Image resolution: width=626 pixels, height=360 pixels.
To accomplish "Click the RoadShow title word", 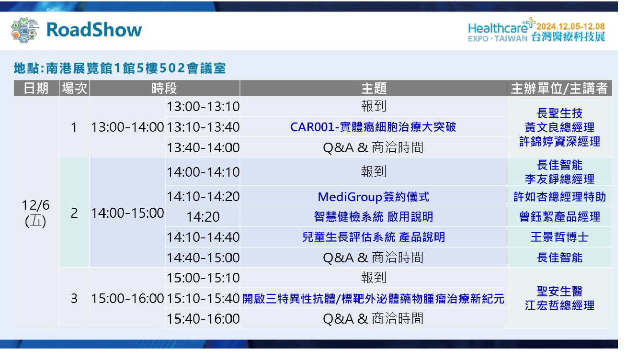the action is (94, 30).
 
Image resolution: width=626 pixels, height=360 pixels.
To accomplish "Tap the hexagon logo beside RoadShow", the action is (24, 30).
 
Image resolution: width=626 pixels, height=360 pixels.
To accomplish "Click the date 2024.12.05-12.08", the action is (570, 26).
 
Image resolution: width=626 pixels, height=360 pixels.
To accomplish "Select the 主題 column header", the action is (374, 88).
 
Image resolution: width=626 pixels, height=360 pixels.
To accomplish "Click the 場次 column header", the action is (74, 88).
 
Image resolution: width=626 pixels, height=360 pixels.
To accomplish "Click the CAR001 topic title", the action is (373, 127).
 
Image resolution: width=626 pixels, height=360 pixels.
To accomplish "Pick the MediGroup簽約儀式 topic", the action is (374, 197).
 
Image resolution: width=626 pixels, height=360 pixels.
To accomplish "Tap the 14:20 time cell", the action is (203, 217).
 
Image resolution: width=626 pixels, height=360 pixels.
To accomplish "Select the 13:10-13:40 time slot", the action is (203, 127).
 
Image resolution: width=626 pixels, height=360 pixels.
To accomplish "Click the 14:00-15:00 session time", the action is (127, 213).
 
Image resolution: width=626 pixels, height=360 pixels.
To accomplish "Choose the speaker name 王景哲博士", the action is (559, 237).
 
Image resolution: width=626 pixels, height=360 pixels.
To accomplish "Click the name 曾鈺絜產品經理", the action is (559, 217).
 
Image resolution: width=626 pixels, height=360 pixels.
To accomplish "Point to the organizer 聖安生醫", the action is (559, 291).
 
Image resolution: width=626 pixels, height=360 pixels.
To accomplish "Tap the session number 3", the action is (74, 299).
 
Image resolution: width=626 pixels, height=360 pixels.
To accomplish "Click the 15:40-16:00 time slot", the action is (203, 319).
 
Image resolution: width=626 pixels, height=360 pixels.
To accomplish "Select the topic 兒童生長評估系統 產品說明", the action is (374, 237).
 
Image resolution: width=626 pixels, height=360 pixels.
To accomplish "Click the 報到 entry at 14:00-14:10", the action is (374, 171).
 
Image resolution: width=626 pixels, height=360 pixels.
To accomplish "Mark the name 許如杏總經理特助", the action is (559, 197).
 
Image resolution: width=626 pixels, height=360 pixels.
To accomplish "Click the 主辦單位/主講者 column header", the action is (559, 88).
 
